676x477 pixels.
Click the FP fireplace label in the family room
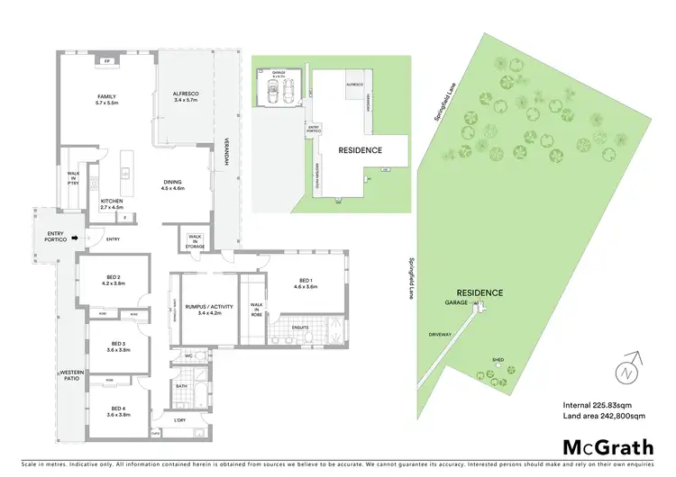point(106,60)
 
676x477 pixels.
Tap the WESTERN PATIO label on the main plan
point(71,375)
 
